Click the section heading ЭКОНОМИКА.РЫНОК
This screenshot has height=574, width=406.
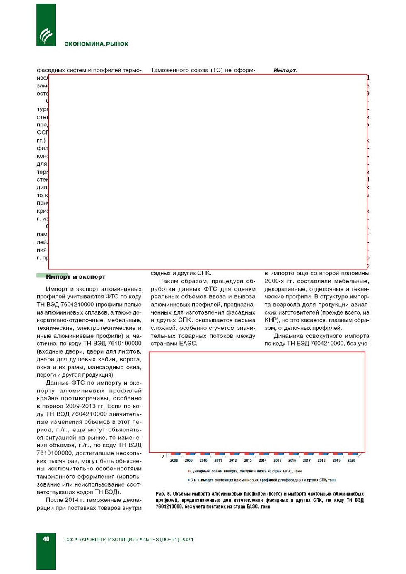[x=96, y=44]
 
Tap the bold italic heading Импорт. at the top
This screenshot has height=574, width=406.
[x=285, y=70]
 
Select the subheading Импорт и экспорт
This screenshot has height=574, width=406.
[x=76, y=277]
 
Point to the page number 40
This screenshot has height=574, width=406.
[x=46, y=539]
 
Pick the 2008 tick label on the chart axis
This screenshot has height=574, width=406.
[x=174, y=460]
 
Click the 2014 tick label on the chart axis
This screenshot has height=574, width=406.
[x=263, y=460]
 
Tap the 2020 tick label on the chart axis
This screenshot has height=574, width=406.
[x=351, y=460]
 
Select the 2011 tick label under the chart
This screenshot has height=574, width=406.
[x=218, y=460]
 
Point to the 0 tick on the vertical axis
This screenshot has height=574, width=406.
[x=163, y=456]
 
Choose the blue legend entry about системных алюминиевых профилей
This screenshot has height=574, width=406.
[x=262, y=480]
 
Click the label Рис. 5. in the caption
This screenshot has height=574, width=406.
[x=163, y=494]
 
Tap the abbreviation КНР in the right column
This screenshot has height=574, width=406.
[x=271, y=320]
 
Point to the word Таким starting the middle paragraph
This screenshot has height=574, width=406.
[x=169, y=281]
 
